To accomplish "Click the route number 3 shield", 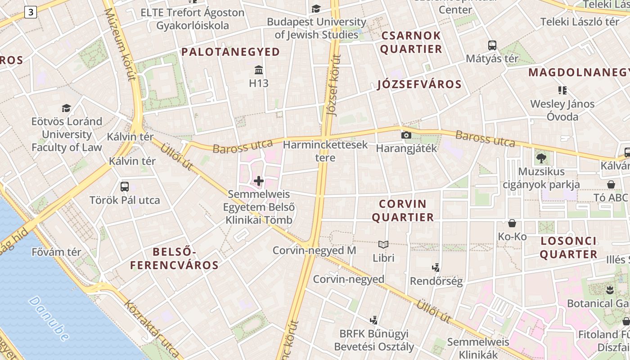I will tap(30, 12).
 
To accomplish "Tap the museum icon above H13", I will tap(259, 70).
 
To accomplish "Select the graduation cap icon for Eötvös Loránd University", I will tap(67, 108).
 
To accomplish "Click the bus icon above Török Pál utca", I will tap(125, 186).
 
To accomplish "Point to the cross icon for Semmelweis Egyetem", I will tap(259, 181).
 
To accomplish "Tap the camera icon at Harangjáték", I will tap(406, 135).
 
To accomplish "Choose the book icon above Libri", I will tap(383, 244).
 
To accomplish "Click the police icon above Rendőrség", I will tap(436, 268).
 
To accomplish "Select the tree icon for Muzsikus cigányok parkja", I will tap(541, 158).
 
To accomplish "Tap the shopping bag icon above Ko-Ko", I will tap(512, 223).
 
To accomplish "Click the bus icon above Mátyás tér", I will tap(492, 45).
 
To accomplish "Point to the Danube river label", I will tap(49, 318).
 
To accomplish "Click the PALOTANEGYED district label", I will tap(230, 52).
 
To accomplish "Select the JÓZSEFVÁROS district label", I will tap(419, 84).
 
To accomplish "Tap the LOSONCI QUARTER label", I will tap(569, 247).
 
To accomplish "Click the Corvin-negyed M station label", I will tap(314, 250).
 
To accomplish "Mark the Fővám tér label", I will tap(56, 252).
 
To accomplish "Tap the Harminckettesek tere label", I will tap(325, 151).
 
